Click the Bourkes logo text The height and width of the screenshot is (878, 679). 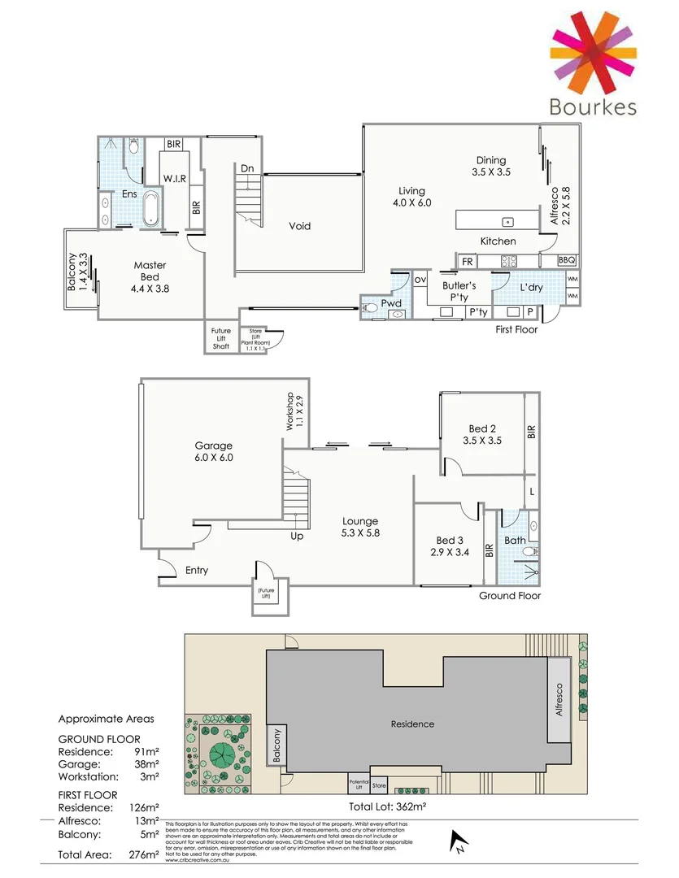pos(592,107)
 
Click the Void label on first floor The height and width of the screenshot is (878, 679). pos(300,226)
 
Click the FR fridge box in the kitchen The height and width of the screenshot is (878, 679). pos(468,261)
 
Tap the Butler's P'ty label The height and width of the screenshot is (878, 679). pos(459,291)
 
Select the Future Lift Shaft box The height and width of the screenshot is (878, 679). pos(221,338)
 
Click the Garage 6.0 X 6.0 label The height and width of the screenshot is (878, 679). pos(214,451)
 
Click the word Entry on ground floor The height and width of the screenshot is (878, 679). pos(197,570)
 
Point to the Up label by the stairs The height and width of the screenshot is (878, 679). pos(298,537)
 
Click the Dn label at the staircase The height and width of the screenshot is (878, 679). pos(247,168)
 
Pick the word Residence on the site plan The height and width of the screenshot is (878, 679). pos(412,724)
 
